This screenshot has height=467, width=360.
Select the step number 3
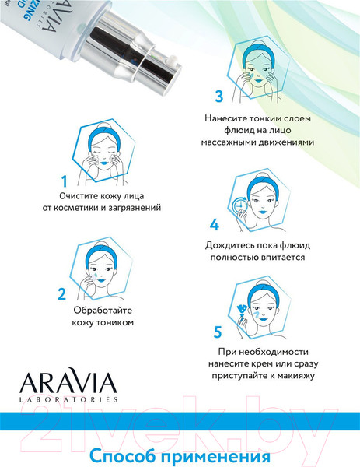(x=219, y=97)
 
